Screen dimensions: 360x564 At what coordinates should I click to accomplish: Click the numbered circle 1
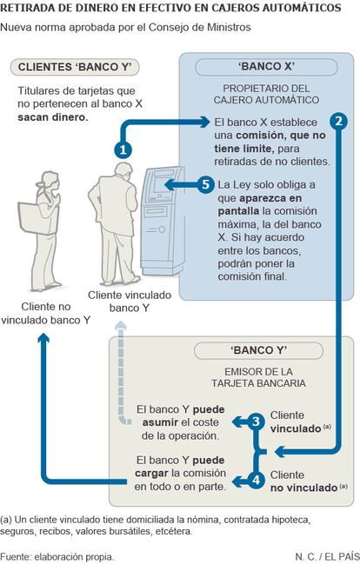pyautogui.click(x=123, y=149)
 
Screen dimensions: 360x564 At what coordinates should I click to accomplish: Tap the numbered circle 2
pyautogui.click(x=338, y=121)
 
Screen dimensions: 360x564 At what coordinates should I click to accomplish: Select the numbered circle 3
pyautogui.click(x=256, y=421)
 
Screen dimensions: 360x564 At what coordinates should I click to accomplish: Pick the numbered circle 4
pyautogui.click(x=256, y=481)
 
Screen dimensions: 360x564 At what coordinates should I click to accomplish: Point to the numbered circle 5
pyautogui.click(x=205, y=184)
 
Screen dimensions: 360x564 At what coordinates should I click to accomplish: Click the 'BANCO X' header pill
pyautogui.click(x=266, y=67)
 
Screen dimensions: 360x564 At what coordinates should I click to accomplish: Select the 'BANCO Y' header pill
pyautogui.click(x=258, y=350)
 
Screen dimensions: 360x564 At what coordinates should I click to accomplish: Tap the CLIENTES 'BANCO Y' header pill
pyautogui.click(x=75, y=67)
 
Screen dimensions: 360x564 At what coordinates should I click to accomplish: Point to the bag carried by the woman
pyautogui.click(x=34, y=218)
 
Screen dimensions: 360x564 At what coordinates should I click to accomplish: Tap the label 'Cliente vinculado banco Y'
pyautogui.click(x=130, y=302)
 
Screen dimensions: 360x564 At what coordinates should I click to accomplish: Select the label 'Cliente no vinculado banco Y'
pyautogui.click(x=46, y=313)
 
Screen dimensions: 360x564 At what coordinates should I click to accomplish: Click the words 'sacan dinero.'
pyautogui.click(x=53, y=117)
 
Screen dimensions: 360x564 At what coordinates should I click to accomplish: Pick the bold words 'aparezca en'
pyautogui.click(x=270, y=198)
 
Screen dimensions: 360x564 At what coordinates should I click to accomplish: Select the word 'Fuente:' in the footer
pyautogui.click(x=16, y=557)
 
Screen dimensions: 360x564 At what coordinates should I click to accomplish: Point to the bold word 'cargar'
pyautogui.click(x=151, y=474)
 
